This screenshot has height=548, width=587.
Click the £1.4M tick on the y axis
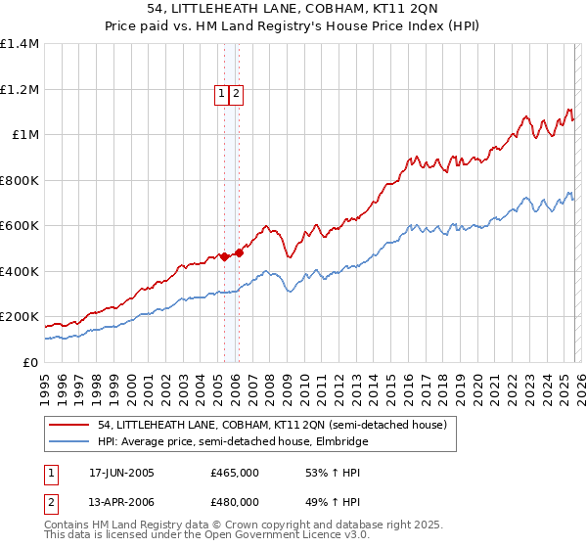pyautogui.click(x=20, y=44)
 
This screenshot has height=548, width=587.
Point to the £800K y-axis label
pyautogui.click(x=20, y=180)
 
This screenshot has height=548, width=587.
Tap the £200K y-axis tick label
pyautogui.click(x=20, y=317)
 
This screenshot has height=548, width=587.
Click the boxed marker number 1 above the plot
pyautogui.click(x=222, y=94)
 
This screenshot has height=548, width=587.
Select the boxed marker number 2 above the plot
pyautogui.click(x=237, y=94)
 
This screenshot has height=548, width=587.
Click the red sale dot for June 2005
pyautogui.click(x=224, y=256)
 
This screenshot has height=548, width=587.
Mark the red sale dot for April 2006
pyautogui.click(x=238, y=252)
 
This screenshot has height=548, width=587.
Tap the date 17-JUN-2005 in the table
pyautogui.click(x=121, y=473)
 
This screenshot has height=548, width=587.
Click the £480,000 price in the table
pyautogui.click(x=235, y=502)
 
